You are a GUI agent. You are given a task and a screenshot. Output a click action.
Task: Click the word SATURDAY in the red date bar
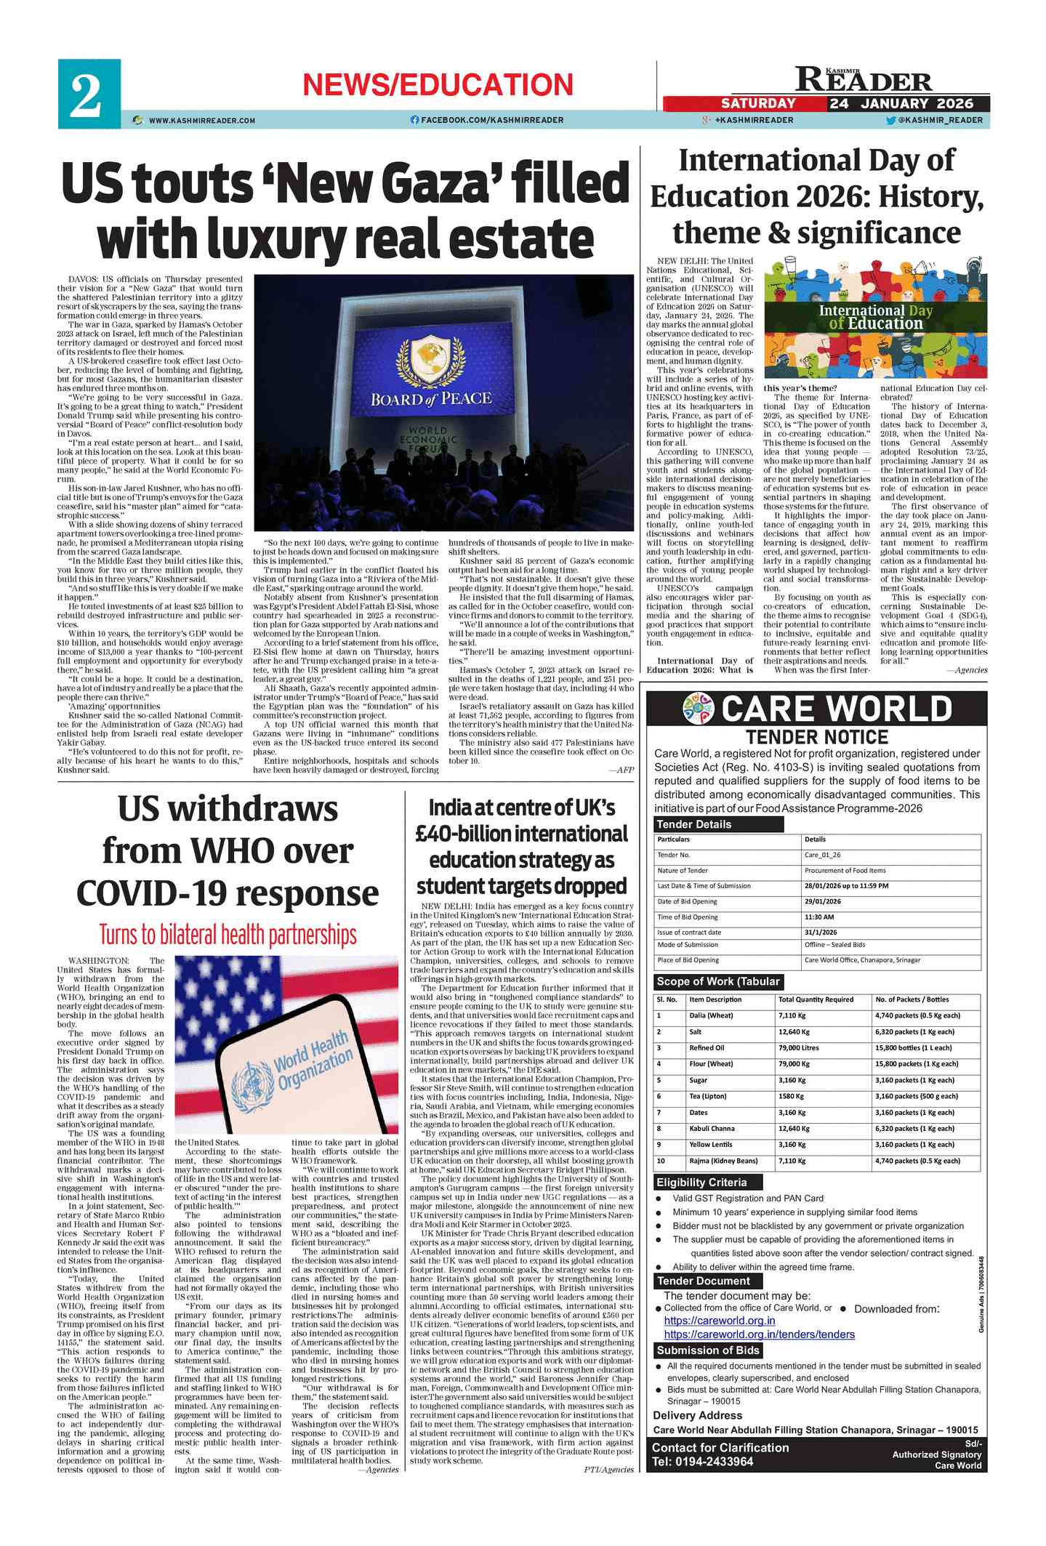757,103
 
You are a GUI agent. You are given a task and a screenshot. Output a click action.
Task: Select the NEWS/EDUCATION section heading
438,85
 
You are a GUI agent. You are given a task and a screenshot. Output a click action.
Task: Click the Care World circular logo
698,708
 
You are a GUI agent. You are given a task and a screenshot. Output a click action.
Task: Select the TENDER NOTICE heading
816,737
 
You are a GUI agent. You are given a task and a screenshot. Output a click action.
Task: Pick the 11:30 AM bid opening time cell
819,917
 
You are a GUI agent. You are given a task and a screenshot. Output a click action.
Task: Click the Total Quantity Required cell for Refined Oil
798,1047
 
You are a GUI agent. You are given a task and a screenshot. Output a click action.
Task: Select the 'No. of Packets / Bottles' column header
912,999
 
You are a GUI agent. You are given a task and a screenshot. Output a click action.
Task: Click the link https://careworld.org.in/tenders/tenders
759,1334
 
